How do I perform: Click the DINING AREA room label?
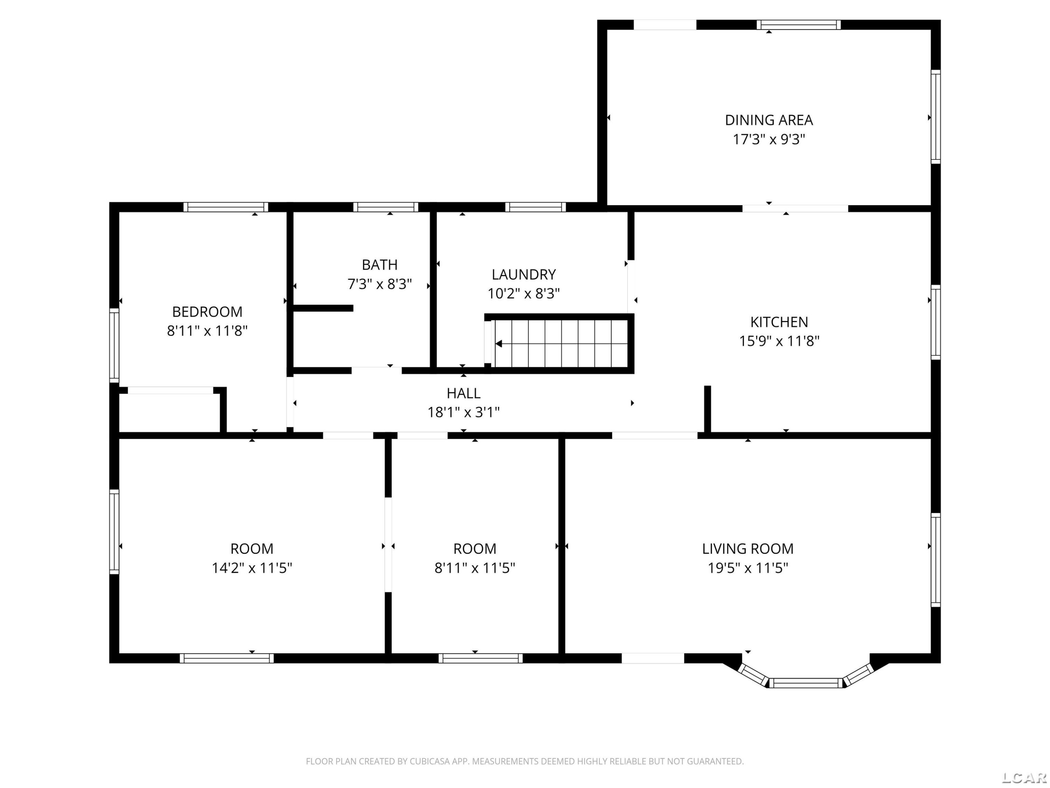click(x=769, y=120)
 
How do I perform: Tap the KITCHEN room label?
click(x=779, y=322)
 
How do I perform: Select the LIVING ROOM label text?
click(x=748, y=548)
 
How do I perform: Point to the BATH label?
click(x=379, y=264)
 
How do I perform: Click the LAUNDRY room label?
click(x=524, y=275)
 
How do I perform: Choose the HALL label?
click(x=463, y=393)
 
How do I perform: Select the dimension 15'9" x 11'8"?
click(x=779, y=341)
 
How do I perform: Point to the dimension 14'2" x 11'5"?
click(x=252, y=568)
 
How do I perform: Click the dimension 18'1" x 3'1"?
click(x=463, y=412)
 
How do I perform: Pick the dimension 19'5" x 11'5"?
click(x=748, y=568)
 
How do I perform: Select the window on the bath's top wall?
click(x=385, y=207)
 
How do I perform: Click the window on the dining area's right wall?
click(x=935, y=117)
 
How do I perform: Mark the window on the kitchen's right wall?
click(x=935, y=323)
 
